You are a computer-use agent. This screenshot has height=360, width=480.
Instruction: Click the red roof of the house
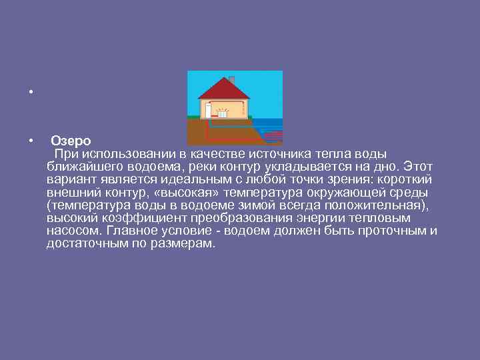[x=224, y=89]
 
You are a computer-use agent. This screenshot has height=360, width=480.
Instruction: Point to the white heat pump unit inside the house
[x=208, y=109]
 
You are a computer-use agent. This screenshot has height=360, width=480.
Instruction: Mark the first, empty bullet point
[x=31, y=91]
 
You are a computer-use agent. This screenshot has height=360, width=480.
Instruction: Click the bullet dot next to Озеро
[x=31, y=141]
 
